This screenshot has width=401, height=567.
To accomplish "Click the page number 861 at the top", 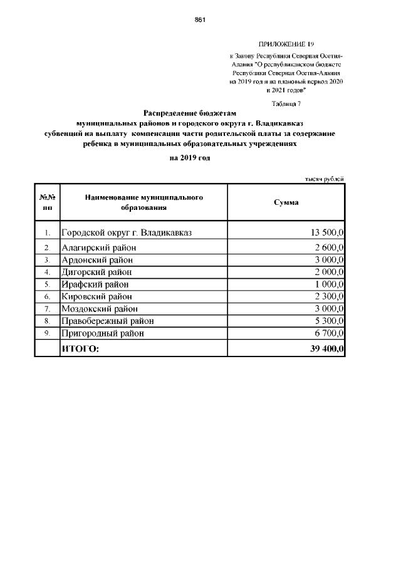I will coord(200,19).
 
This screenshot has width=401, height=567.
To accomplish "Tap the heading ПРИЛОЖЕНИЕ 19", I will coord(285,44).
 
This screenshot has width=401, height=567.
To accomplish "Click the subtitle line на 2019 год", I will coord(190,158).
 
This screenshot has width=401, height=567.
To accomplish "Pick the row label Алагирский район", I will coord(98,247).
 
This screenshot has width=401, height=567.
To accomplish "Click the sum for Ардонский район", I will coord(330,260).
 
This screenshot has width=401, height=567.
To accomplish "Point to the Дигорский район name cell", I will coord(96,272).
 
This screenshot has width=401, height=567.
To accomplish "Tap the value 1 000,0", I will coord(330,284).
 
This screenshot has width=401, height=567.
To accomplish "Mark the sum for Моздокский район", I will coord(330,309).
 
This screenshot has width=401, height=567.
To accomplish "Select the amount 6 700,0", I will coord(330,333).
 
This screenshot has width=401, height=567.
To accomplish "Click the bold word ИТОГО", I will coord(80,348).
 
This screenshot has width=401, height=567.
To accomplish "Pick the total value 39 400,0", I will coord(326,348).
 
